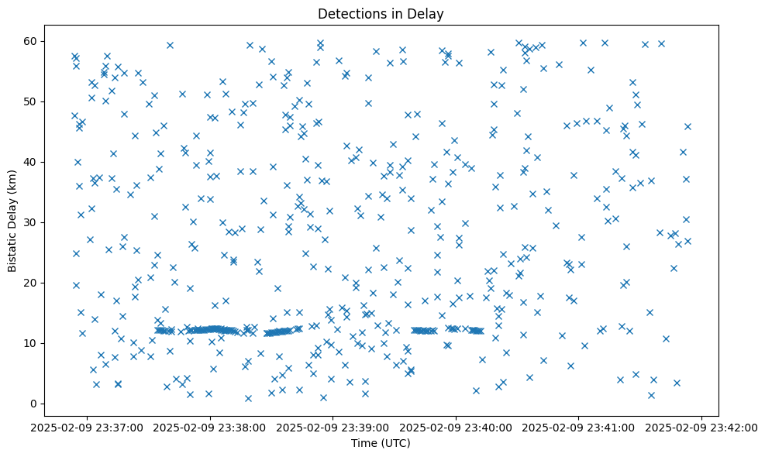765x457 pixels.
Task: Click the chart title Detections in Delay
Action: [380, 13]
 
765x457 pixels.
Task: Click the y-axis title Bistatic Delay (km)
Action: [12, 222]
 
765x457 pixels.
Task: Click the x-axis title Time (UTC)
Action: [380, 444]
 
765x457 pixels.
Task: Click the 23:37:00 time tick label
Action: [88, 427]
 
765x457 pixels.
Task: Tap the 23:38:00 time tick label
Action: [210, 427]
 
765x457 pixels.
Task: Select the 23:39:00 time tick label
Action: [333, 427]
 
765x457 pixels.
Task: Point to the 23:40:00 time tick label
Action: [456, 427]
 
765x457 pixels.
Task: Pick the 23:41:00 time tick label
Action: [579, 427]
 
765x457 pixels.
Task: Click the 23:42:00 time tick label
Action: [701, 427]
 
